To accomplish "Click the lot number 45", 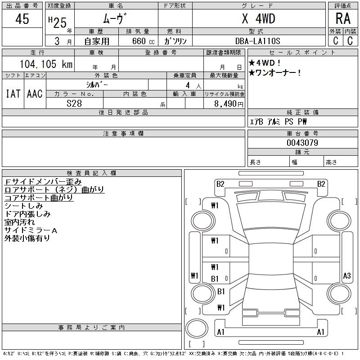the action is coord(22,19).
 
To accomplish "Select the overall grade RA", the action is coord(343,18).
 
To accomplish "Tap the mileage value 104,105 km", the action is coord(46,64).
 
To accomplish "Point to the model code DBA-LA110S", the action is coord(258,41).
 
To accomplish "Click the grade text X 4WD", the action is coord(258,18).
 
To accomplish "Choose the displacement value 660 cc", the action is coord(143,41).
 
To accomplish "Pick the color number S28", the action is coord(74,103).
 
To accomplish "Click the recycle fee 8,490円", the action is coord(229,104).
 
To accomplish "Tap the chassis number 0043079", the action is coord(302,143).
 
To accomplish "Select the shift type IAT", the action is coord(13,94).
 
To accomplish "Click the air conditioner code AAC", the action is coord(35,94).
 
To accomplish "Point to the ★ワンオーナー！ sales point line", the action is coord(275,73).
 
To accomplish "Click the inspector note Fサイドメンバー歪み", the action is coord(43,182).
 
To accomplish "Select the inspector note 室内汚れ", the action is coord(19,222).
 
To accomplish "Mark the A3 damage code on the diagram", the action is coord(346,275).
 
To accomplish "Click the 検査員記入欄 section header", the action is coord(91,173).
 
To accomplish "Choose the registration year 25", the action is coord(60,23).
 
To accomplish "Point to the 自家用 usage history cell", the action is coord(97,41).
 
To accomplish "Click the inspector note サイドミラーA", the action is coord(31,230).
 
